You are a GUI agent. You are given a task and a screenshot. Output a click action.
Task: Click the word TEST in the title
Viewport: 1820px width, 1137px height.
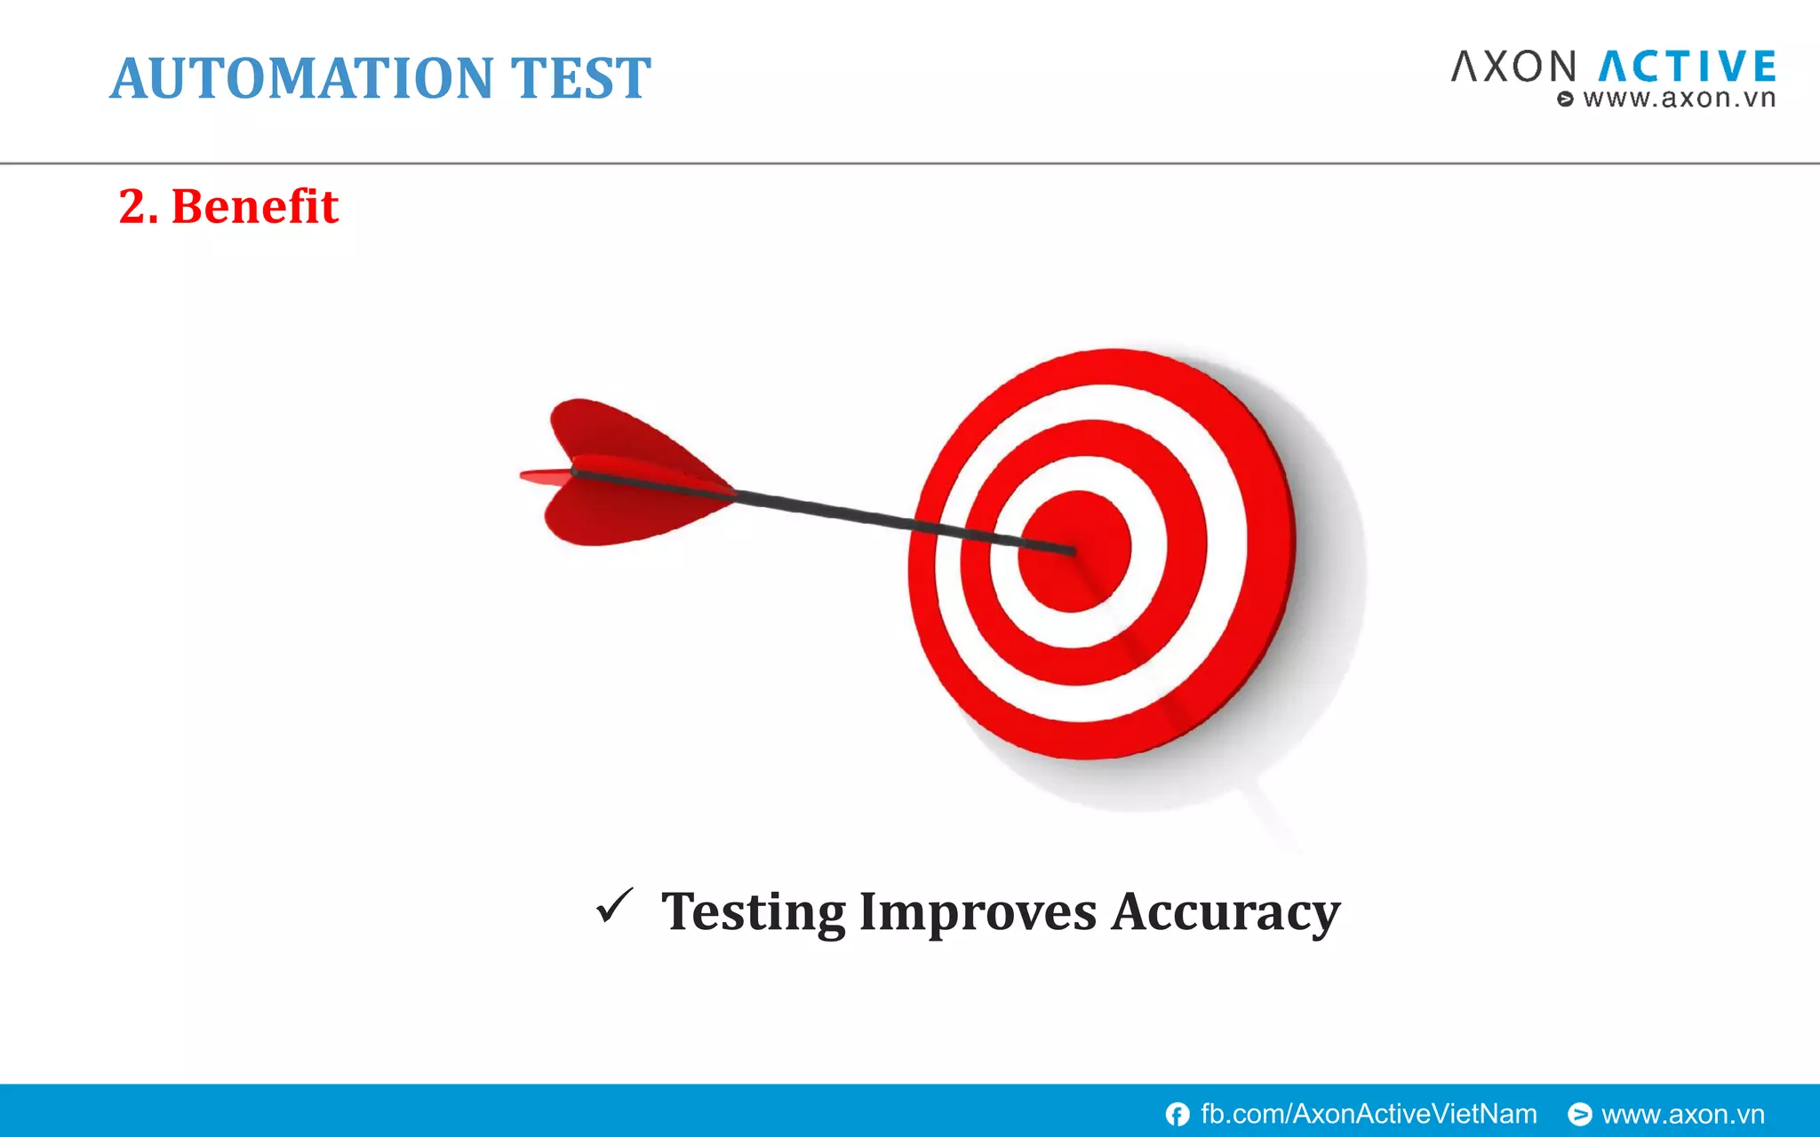tap(580, 78)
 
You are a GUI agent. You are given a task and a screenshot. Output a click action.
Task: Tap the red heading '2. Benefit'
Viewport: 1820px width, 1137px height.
tap(228, 206)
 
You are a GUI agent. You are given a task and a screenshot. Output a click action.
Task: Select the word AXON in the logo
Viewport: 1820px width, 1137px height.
tap(1513, 68)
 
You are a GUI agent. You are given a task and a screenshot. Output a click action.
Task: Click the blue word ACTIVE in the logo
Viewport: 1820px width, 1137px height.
tap(1688, 68)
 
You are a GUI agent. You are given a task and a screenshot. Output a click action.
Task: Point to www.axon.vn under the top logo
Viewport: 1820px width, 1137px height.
tap(1679, 99)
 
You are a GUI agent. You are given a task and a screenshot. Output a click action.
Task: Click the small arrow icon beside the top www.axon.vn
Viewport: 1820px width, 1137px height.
tap(1566, 99)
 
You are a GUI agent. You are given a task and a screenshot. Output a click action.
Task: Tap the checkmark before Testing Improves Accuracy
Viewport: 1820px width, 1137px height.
tap(615, 906)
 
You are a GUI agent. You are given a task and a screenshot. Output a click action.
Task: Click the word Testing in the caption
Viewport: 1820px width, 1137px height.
tap(754, 912)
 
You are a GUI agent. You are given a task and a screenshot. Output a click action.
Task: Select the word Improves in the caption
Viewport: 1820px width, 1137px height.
tap(978, 912)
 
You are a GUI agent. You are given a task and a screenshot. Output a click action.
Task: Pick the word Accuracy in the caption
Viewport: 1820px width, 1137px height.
tap(1225, 912)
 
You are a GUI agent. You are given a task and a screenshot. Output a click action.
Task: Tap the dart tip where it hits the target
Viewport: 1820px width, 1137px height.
tap(1072, 552)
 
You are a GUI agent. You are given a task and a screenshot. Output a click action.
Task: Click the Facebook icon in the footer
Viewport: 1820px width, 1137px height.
tap(1177, 1114)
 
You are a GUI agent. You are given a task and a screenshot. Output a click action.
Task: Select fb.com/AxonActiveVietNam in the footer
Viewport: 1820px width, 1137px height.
tap(1369, 1114)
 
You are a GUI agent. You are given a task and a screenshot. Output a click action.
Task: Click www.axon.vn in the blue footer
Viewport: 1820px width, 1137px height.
tap(1682, 1114)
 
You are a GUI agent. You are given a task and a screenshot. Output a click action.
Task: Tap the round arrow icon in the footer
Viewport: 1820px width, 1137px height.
tap(1579, 1114)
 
